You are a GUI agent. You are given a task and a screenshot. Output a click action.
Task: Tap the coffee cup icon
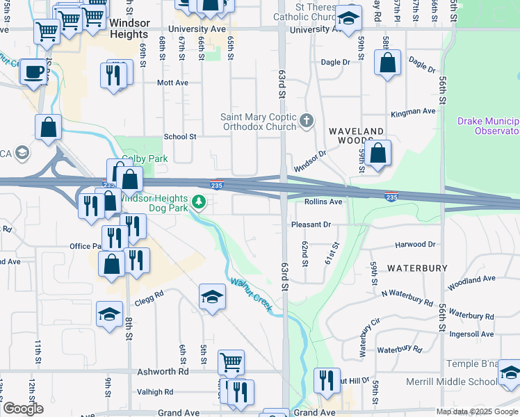[x=33, y=71]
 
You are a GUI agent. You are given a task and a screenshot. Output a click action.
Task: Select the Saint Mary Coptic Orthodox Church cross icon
[x=307, y=122]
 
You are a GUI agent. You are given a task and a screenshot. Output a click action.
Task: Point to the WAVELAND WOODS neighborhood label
[x=356, y=136]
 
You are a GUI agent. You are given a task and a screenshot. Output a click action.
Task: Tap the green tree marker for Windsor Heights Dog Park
[x=199, y=202]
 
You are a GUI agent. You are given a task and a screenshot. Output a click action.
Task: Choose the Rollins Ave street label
[x=323, y=202]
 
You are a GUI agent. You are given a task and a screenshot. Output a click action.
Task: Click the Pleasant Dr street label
[x=311, y=224]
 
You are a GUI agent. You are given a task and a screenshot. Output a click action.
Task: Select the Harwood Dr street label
[x=415, y=245]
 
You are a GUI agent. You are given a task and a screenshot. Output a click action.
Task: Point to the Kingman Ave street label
[x=413, y=111]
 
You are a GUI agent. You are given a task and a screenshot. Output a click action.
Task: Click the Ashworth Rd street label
[x=163, y=372]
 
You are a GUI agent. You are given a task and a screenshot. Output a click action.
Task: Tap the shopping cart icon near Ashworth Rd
[x=231, y=361]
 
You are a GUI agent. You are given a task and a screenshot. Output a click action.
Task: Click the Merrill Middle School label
[x=462, y=382]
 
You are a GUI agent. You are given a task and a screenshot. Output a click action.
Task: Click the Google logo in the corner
[x=22, y=409]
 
